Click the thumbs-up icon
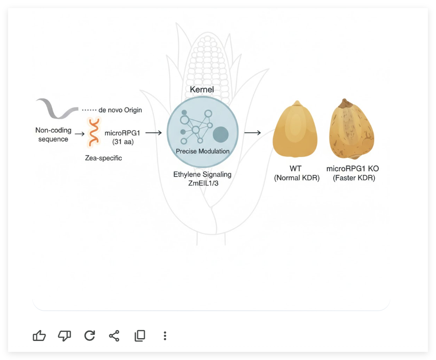click(x=39, y=336)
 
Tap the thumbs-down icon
click(x=65, y=336)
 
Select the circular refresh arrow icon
click(x=89, y=336)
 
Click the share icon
click(x=114, y=336)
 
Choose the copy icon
click(x=139, y=336)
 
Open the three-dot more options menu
click(x=165, y=336)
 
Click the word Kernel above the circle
click(x=202, y=89)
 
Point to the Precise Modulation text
click(x=202, y=151)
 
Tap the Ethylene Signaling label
click(x=202, y=175)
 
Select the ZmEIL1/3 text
click(x=203, y=184)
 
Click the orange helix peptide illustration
click(x=94, y=132)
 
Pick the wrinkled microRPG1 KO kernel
click(x=351, y=129)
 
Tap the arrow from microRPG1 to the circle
click(x=153, y=133)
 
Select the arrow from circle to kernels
click(x=252, y=133)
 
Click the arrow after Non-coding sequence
click(x=79, y=134)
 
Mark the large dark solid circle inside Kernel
click(x=220, y=135)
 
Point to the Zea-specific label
click(x=103, y=158)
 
